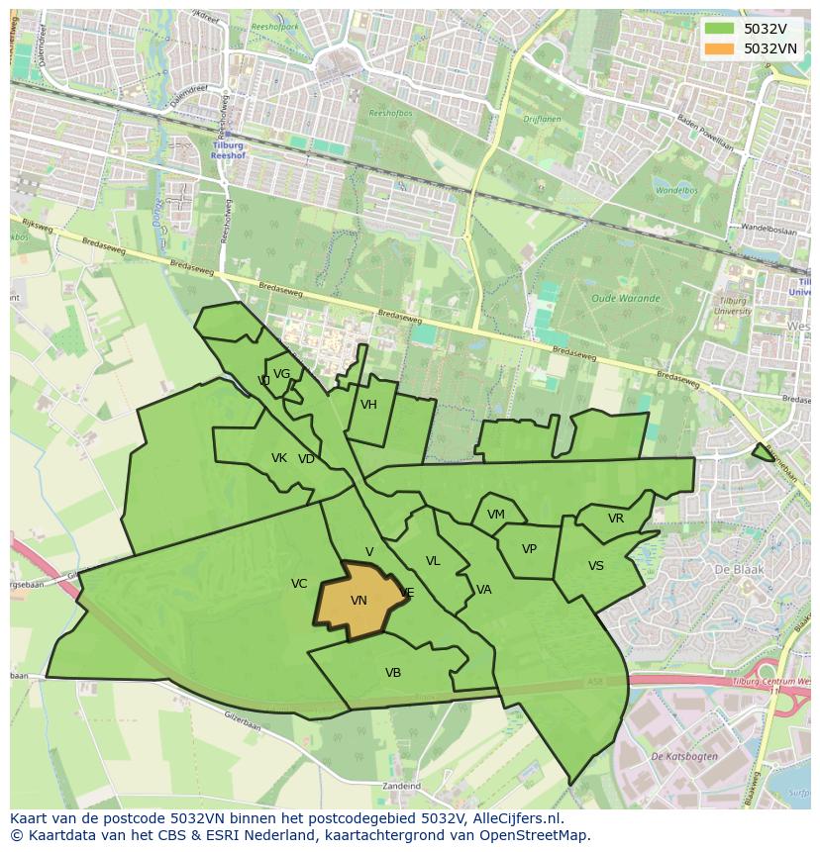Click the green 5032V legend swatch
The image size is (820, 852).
pyautogui.click(x=720, y=29)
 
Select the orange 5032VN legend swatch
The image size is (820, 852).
pyautogui.click(x=720, y=47)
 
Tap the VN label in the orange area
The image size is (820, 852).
pyautogui.click(x=359, y=601)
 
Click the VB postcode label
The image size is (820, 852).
pyautogui.click(x=393, y=673)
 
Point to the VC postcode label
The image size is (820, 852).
pyautogui.click(x=299, y=584)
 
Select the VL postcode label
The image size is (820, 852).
pyautogui.click(x=433, y=561)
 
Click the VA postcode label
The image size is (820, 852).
pyautogui.click(x=483, y=590)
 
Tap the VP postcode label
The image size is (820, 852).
pyautogui.click(x=529, y=549)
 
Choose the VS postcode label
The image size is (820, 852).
pyautogui.click(x=596, y=566)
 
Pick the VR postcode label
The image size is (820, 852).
pyautogui.click(x=616, y=519)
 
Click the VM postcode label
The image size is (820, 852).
pyautogui.click(x=496, y=515)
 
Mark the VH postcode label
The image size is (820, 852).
pyautogui.click(x=368, y=405)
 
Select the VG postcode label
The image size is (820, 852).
pyautogui.click(x=282, y=374)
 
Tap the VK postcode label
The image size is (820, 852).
pyautogui.click(x=279, y=458)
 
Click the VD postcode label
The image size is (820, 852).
pyautogui.click(x=306, y=459)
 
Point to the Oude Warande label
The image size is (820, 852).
pyautogui.click(x=617, y=298)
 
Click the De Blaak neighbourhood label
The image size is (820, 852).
pyautogui.click(x=735, y=570)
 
